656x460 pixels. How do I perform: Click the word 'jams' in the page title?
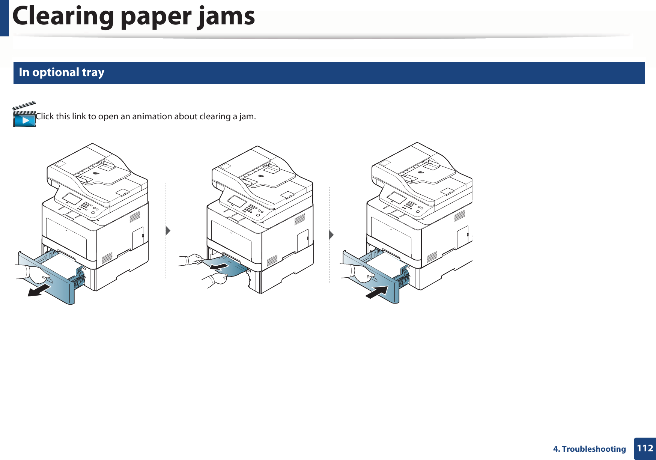(x=226, y=17)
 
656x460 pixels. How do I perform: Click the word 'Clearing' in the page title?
(x=63, y=17)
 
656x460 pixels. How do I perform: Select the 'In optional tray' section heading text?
(x=62, y=72)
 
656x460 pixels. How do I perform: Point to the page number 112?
(x=645, y=448)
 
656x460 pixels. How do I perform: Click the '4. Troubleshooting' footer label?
(x=589, y=449)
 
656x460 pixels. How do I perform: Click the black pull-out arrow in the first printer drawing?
(x=39, y=290)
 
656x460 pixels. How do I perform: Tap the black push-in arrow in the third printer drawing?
(x=377, y=292)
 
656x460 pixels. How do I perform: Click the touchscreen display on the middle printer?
(x=237, y=201)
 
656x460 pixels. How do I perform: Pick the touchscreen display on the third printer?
(x=396, y=198)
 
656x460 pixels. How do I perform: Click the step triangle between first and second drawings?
(x=168, y=230)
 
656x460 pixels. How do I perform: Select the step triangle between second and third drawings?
(x=331, y=235)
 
